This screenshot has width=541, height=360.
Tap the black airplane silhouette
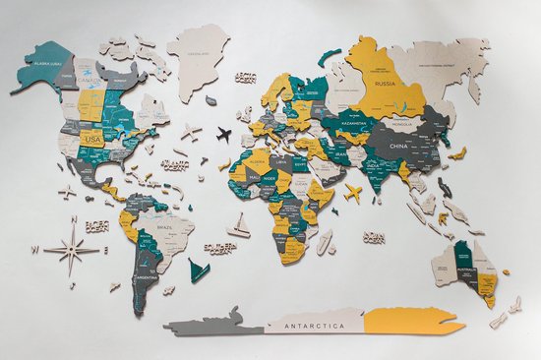pyautogui.click(x=223, y=133)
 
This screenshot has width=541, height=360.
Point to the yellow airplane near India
pyautogui.click(x=352, y=192)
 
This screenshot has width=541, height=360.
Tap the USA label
pyautogui.click(x=93, y=141)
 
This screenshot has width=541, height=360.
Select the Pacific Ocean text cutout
pyautogui.click(x=95, y=227)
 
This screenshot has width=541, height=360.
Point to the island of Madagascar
pyautogui.click(x=326, y=241)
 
